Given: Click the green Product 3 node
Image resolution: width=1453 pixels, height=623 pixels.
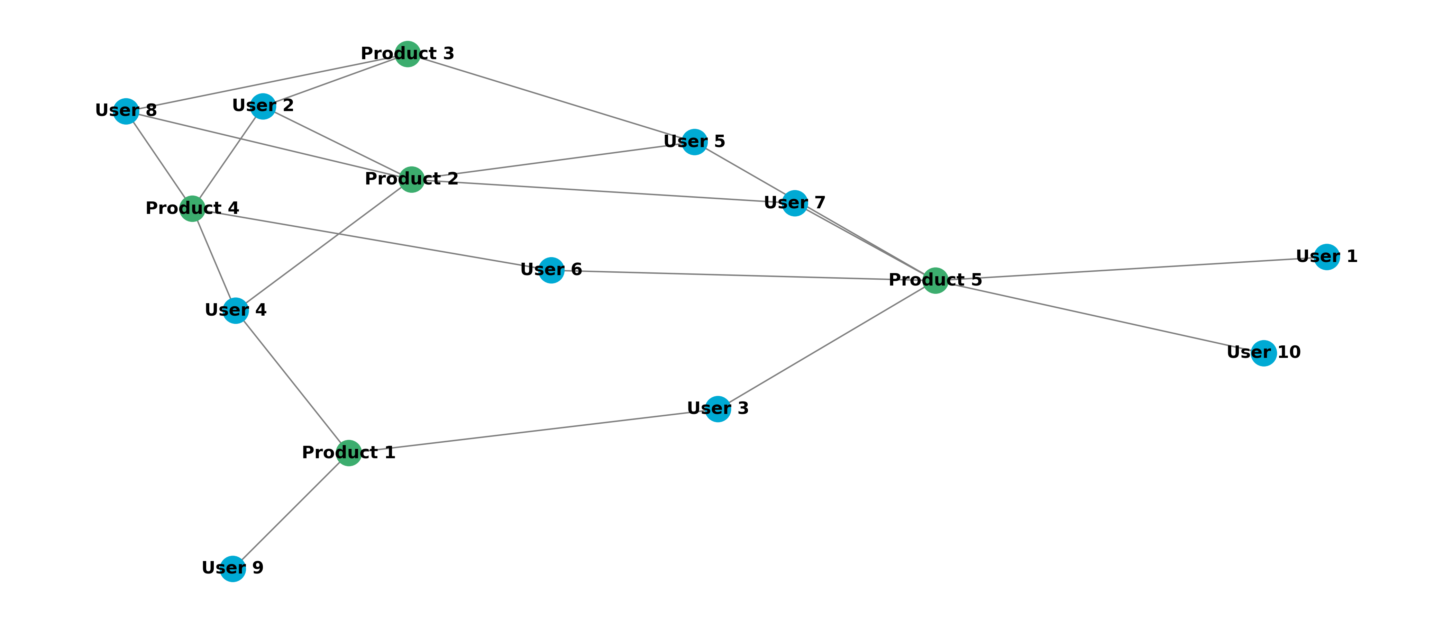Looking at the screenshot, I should (x=407, y=54).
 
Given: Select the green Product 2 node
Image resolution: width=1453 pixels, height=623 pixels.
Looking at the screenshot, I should (x=411, y=179).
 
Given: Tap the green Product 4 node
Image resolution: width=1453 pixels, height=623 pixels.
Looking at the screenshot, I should (x=192, y=209).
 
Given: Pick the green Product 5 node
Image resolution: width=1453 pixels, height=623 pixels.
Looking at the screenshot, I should (x=935, y=280).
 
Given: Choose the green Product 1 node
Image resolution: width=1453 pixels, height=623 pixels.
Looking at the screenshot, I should (x=349, y=453).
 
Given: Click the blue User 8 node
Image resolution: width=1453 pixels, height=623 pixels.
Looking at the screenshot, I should (x=126, y=111).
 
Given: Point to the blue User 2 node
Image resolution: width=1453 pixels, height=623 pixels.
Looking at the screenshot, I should (x=263, y=106).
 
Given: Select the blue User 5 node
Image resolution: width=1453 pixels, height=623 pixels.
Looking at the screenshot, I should (x=694, y=142).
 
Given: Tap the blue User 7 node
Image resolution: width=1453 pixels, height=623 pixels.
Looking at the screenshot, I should (x=795, y=203).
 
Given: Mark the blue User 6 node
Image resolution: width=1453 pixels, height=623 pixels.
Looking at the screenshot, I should (x=551, y=270).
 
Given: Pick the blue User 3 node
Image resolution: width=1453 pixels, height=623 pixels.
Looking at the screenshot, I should (x=718, y=408).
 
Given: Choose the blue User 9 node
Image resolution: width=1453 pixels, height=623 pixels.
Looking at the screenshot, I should (x=233, y=568).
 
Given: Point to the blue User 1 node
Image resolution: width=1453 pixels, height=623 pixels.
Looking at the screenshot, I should (x=1327, y=257).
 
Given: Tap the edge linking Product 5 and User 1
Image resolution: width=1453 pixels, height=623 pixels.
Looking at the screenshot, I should (x=1131, y=269).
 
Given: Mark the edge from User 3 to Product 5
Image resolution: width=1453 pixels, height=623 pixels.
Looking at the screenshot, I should (x=826, y=345).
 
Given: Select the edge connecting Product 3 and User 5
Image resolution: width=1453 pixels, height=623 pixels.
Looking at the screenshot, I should (x=550, y=98).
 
